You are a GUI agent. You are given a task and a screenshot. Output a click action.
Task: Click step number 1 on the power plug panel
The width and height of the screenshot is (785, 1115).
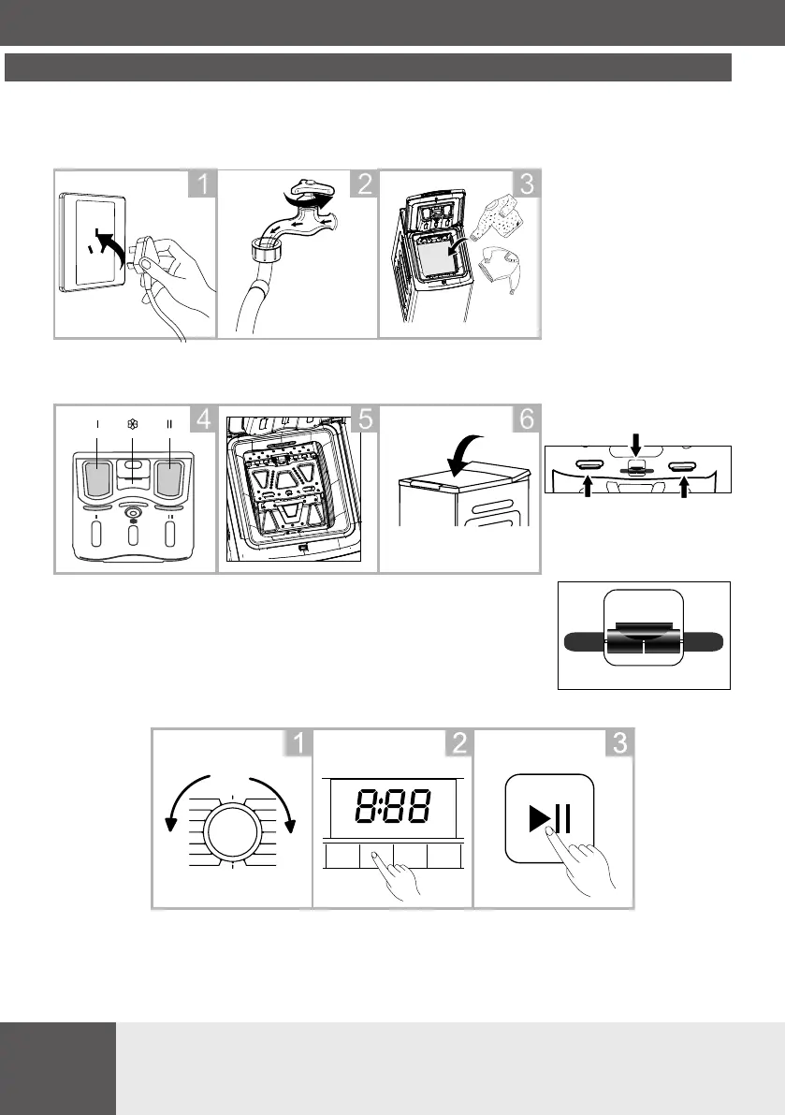click(203, 185)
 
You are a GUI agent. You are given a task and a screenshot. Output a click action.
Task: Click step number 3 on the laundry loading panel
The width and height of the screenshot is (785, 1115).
click(526, 185)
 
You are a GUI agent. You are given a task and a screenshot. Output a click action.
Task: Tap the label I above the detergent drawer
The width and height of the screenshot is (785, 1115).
click(96, 424)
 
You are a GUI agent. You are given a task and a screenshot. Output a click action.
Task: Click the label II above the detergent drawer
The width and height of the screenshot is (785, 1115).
click(169, 424)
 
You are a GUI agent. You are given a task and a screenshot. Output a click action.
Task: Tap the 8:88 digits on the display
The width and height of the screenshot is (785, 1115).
click(393, 803)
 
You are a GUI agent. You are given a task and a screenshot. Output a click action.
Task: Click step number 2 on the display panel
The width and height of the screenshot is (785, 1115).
click(458, 745)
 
